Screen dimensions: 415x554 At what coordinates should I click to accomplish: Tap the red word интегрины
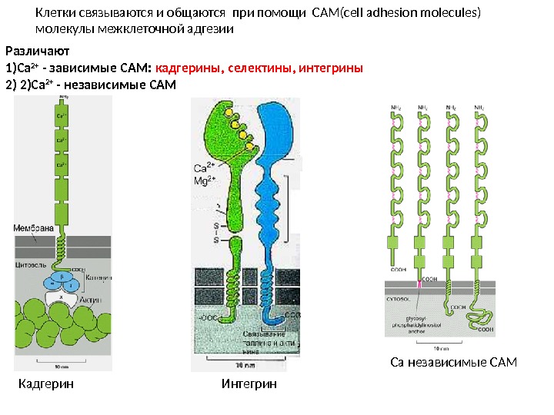click(330, 68)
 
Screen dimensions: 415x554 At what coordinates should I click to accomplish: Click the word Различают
click(37, 51)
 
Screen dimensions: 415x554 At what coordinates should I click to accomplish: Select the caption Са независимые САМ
click(453, 361)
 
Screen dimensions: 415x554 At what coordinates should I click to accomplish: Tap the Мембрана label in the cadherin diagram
click(32, 227)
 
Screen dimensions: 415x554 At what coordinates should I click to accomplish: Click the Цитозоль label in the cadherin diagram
click(32, 264)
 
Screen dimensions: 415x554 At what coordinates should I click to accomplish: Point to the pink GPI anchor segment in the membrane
click(420, 286)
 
